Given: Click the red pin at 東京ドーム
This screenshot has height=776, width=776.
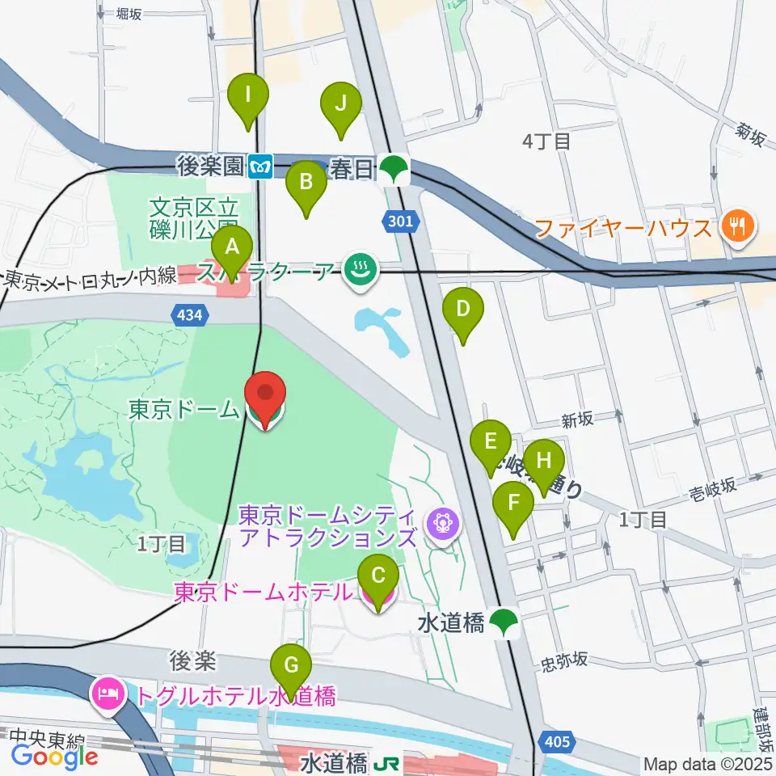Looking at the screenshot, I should (266, 394).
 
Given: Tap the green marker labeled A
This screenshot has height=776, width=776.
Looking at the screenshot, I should (232, 248).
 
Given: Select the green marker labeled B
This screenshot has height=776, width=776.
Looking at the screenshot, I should (306, 182).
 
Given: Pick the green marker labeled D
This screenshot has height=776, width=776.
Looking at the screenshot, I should (463, 310).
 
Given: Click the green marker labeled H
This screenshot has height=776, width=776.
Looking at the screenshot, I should (544, 462).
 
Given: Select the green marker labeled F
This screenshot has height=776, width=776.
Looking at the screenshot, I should (513, 503).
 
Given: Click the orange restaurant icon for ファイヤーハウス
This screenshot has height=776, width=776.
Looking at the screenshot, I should (738, 225).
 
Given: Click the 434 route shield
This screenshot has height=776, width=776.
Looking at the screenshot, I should (185, 314).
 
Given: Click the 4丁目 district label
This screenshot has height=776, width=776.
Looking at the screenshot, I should (546, 142).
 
